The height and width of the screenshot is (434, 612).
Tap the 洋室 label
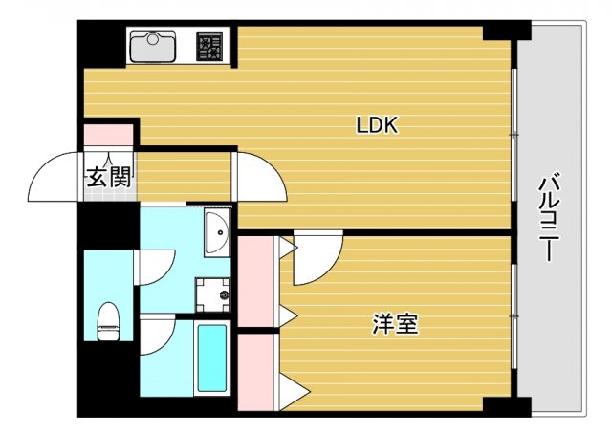coord(395,324)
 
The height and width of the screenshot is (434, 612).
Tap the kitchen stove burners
coord(210,46)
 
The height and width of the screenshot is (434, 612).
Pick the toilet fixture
coord(108,321)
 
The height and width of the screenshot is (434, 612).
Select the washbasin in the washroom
coord(216,232)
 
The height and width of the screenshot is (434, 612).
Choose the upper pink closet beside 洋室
coord(255,283)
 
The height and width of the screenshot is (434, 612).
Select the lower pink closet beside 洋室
coord(255,372)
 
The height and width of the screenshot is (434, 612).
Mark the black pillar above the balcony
coord(506,31)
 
